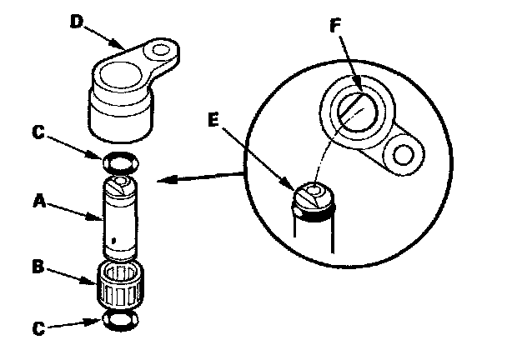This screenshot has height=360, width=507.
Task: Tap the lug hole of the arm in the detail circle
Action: tap(404, 155)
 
